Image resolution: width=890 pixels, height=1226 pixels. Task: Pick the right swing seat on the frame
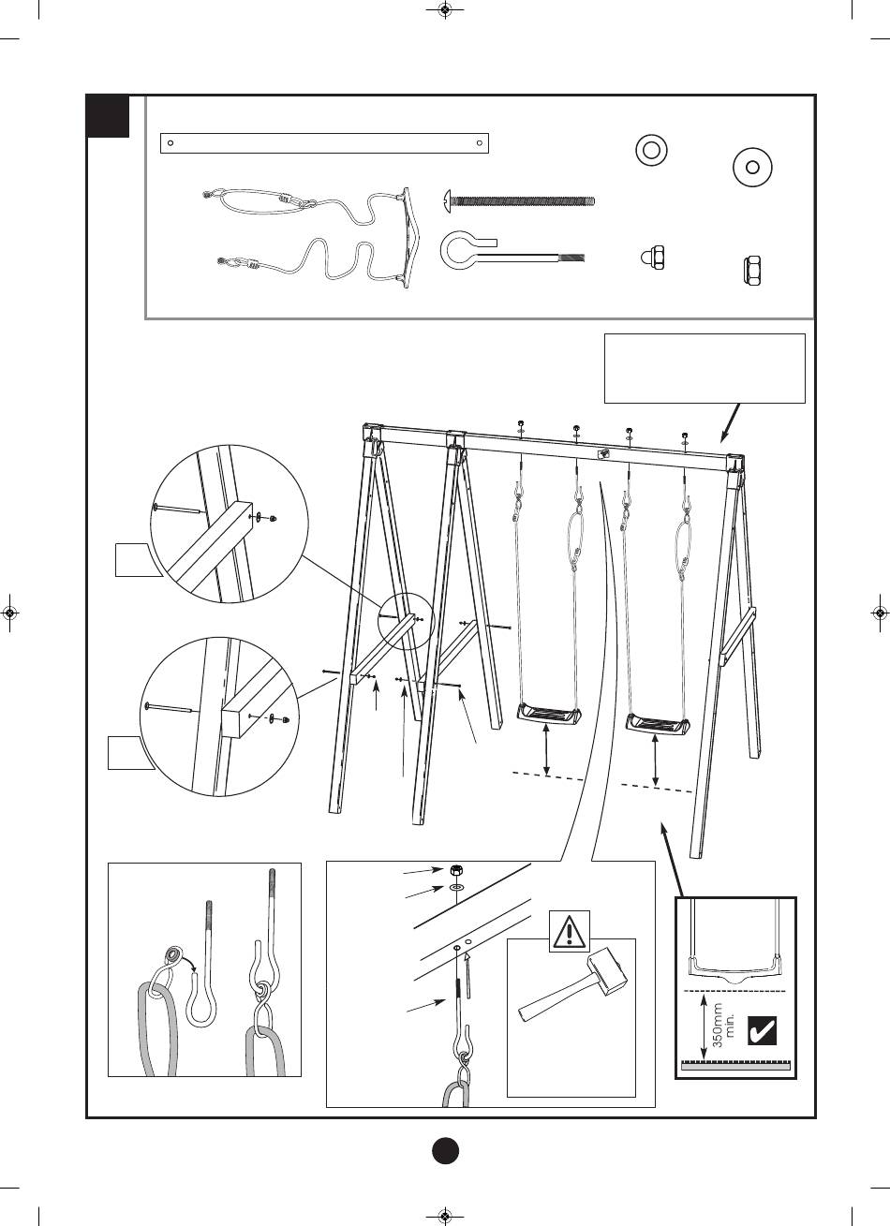coord(660,724)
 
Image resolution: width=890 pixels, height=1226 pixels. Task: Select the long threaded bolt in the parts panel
coord(518,199)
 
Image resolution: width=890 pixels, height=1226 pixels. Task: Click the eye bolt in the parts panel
coord(512,251)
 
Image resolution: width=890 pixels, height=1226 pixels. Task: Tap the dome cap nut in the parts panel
coord(652,258)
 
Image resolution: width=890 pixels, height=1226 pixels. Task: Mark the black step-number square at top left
coord(108,116)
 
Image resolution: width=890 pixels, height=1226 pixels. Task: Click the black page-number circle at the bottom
coord(446,1150)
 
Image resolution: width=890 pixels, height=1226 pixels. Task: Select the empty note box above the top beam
coord(705,368)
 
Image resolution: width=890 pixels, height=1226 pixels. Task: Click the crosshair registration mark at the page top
coord(445,12)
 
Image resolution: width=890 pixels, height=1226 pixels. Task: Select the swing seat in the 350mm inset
coord(734,965)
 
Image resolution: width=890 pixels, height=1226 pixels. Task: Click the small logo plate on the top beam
coord(604,452)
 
